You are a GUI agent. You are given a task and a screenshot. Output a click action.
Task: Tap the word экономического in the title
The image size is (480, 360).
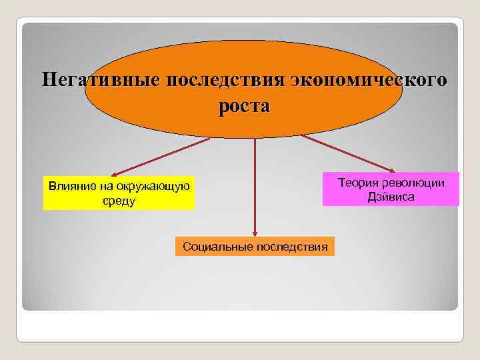369,81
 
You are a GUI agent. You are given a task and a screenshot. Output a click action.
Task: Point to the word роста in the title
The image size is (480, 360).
243,107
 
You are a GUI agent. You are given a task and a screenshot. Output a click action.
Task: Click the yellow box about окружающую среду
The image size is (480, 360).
119,193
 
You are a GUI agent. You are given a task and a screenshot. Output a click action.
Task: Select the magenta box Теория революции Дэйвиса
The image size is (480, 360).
391,189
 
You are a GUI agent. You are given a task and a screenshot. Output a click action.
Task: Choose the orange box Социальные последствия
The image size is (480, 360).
255,247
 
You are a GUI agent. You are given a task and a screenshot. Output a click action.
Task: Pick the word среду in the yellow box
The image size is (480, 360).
119,201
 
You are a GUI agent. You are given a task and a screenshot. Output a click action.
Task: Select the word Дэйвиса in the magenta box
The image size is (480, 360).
391,197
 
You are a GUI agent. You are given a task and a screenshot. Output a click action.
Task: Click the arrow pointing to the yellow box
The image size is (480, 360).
160,157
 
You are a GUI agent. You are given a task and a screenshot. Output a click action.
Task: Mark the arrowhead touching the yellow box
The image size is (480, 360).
114,175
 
